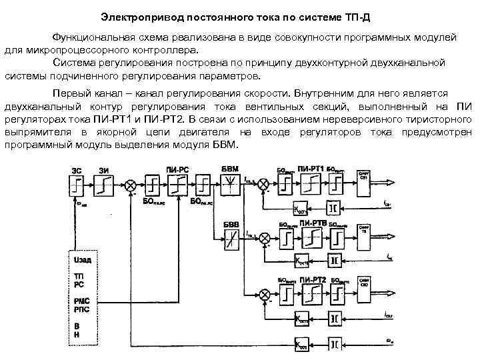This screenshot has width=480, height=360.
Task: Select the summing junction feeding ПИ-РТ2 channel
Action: (265, 293)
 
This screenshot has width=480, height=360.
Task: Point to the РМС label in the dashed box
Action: (80, 300)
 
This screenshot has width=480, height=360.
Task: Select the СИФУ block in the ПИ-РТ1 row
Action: (364, 179)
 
